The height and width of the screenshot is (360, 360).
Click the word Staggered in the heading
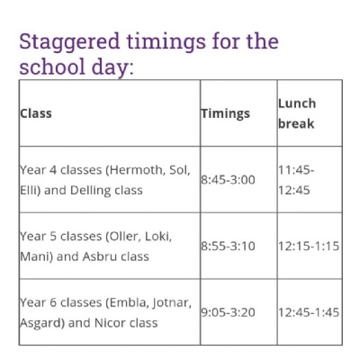[x=69, y=42]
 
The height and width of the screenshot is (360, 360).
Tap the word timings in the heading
[x=166, y=42]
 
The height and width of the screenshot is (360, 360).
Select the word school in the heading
[x=52, y=67]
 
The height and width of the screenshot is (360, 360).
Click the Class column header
[x=36, y=113]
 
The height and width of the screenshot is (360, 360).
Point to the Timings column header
[x=226, y=113]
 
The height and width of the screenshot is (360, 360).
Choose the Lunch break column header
[x=297, y=113]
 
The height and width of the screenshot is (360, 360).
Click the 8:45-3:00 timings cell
[x=228, y=180]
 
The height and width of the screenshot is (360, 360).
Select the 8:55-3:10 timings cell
[x=228, y=247]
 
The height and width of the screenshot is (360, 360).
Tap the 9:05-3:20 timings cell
[x=228, y=312]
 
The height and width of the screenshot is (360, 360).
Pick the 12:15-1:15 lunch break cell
[x=309, y=247]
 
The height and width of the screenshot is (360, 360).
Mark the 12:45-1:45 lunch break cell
[x=309, y=312]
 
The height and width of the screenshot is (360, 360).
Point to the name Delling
[x=90, y=191]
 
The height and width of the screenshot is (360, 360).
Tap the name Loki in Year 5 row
[x=158, y=237]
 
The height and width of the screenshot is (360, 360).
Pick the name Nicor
[x=110, y=323]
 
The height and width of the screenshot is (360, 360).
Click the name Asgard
[x=42, y=324]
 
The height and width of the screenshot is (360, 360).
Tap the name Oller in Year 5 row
[x=125, y=237]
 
